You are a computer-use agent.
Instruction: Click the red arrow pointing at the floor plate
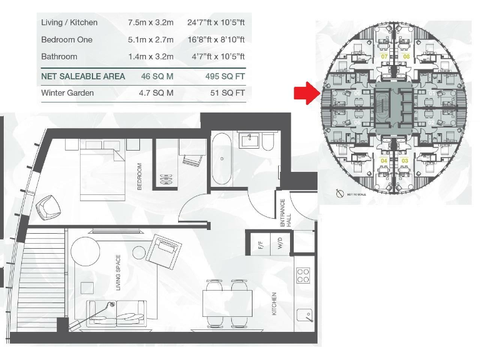coord(306,93)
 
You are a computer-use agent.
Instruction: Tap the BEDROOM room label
coord(140,177)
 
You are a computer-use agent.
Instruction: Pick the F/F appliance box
coord(261,242)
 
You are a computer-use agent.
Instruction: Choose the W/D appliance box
coord(279,242)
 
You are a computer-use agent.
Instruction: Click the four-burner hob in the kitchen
coord(303,275)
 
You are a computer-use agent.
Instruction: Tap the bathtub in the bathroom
coord(222,159)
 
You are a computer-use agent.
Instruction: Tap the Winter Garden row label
coord(67,93)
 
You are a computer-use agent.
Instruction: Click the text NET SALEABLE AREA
coord(83,76)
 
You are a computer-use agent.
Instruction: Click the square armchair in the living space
coord(166,250)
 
